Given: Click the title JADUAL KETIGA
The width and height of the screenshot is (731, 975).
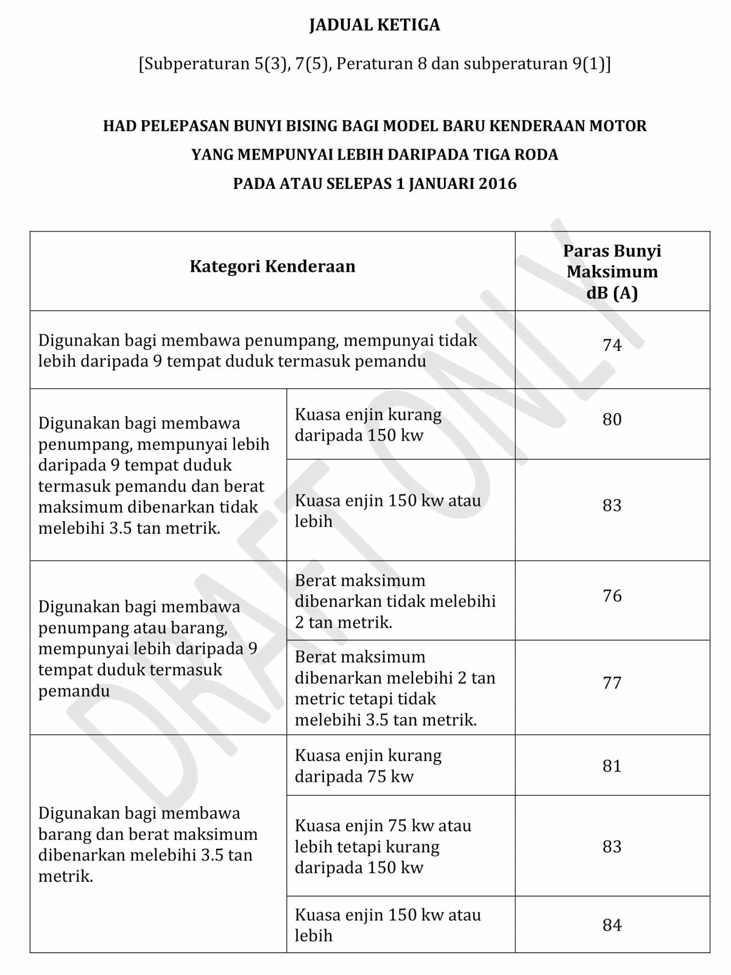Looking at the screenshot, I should pyautogui.click(x=374, y=25).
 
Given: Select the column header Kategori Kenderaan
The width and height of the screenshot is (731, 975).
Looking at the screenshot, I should pyautogui.click(x=272, y=267).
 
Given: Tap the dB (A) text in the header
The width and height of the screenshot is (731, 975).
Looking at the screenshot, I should pyautogui.click(x=612, y=293).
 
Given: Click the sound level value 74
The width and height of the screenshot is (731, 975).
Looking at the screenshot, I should pyautogui.click(x=612, y=346).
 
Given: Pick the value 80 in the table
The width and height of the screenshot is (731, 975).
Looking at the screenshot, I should pyautogui.click(x=612, y=419).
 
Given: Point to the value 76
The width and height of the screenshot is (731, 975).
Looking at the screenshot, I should pyautogui.click(x=612, y=595).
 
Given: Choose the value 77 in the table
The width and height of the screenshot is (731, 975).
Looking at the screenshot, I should pyautogui.click(x=612, y=682).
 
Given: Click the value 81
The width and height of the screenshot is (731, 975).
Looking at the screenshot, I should pyautogui.click(x=612, y=766).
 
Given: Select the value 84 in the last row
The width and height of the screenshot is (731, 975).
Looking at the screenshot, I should pyautogui.click(x=612, y=925).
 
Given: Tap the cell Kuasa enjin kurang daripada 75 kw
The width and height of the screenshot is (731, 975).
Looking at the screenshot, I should pyautogui.click(x=368, y=766).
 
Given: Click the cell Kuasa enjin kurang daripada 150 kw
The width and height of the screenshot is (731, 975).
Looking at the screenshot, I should pyautogui.click(x=368, y=425).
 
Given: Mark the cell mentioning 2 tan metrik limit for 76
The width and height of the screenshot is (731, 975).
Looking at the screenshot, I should pyautogui.click(x=395, y=601).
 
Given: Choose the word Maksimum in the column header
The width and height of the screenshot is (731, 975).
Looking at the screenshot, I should pyautogui.click(x=612, y=272).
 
